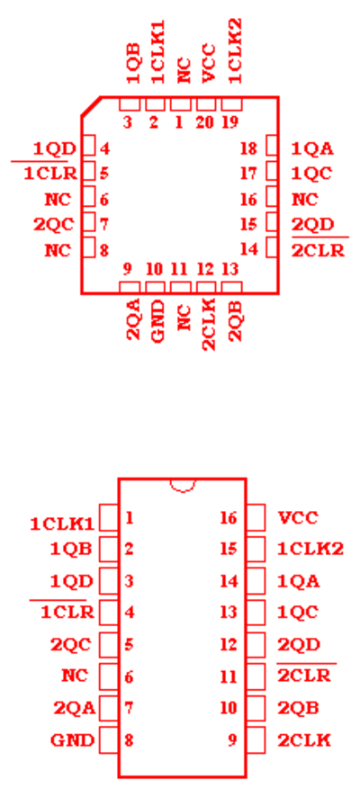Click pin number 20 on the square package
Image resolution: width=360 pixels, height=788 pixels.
(x=204, y=122)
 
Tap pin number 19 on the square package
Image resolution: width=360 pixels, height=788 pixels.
(x=229, y=122)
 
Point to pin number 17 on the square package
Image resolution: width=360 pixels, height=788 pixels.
(x=249, y=174)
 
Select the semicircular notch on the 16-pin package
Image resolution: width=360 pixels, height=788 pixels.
(x=182, y=486)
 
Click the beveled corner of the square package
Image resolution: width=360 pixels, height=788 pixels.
(x=91, y=106)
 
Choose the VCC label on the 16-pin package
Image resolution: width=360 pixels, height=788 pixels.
(x=298, y=517)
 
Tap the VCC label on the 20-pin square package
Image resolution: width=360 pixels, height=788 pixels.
(x=209, y=63)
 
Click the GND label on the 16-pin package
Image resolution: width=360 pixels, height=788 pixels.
(x=72, y=740)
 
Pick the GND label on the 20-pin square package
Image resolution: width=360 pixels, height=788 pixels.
(x=157, y=321)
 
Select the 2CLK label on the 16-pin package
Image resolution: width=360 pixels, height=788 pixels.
(x=304, y=740)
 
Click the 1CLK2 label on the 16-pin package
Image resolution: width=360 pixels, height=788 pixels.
(x=310, y=549)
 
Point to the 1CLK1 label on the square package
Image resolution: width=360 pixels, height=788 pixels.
(x=157, y=52)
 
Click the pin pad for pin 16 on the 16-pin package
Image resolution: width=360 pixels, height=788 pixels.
(x=256, y=518)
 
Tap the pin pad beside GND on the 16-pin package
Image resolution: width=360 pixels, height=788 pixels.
(x=109, y=739)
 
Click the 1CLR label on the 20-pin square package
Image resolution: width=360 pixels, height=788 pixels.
(x=50, y=174)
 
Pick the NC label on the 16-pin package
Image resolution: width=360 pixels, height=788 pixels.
(x=75, y=676)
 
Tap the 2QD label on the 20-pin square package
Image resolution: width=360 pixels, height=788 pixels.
(x=312, y=224)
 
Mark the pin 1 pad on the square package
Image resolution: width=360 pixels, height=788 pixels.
(x=181, y=104)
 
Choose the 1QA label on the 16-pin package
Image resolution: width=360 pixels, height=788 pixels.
(x=299, y=581)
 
